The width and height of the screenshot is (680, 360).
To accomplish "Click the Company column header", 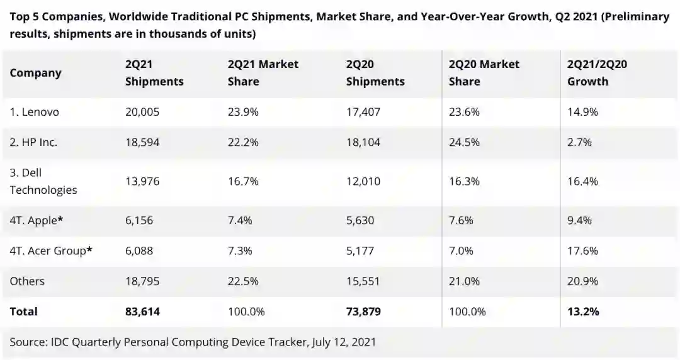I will coord(35,73).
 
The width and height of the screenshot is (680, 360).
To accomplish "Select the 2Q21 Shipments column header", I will coord(154,73).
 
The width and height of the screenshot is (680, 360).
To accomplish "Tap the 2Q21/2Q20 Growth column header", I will coord(597,73).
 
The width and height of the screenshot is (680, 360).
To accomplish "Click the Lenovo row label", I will coord(35,112).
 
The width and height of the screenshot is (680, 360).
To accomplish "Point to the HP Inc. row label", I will coord(33,142).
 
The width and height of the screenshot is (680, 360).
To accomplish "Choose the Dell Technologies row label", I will coord(43,181).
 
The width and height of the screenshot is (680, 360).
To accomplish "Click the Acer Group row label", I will coord(48,250).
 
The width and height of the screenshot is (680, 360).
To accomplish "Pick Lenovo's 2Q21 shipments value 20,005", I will coord(142,112).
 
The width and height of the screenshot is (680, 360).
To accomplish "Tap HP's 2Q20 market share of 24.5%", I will coord(464,142).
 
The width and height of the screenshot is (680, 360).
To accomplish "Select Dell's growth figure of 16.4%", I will coord(582,181).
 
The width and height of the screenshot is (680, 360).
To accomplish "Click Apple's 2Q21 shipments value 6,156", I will coord(139,220).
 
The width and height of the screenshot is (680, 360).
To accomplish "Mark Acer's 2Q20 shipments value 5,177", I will coord(360,250).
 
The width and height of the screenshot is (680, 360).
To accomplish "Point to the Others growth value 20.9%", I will coord(582,281).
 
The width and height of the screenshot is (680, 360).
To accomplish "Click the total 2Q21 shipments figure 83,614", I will coord(142,312).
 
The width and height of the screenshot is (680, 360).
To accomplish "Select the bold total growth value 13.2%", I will coord(583,312).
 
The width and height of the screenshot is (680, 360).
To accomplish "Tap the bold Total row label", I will coord(23,312).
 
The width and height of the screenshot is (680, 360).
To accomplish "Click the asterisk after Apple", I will coord(60,219).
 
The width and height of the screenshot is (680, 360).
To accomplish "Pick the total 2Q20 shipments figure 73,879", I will coord(363,312).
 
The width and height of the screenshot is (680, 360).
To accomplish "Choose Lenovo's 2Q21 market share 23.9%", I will coord(243,112).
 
